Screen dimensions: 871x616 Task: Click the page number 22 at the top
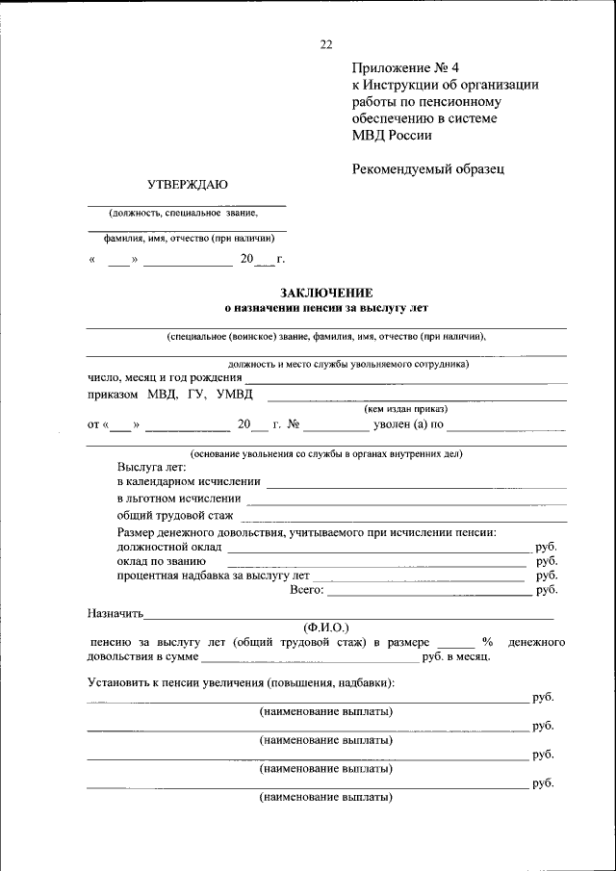325,44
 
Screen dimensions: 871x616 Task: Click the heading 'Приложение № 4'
406,67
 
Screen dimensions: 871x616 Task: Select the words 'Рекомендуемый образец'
428,168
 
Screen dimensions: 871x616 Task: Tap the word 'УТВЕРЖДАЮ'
188,184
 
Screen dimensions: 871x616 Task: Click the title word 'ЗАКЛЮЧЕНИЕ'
326,293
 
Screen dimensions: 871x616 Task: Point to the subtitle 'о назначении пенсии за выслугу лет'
325,308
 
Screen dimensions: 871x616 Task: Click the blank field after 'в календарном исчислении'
416,481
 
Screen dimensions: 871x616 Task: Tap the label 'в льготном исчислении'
179,499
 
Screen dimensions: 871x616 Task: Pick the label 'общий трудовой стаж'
175,516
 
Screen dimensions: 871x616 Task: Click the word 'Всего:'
306,590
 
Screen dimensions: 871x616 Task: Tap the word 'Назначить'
115,612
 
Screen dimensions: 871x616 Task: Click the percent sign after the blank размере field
487,641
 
